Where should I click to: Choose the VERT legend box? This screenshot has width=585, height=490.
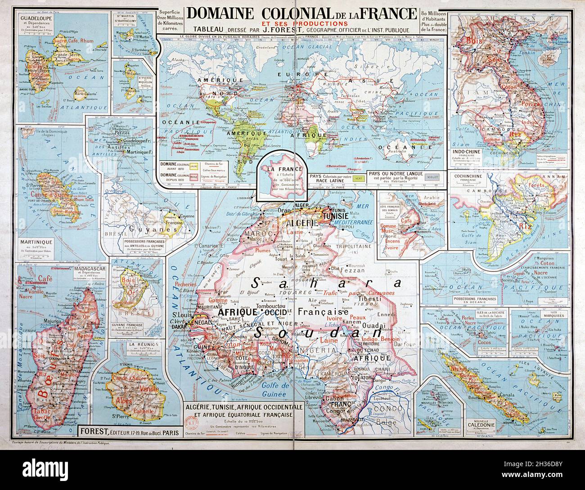[x=358, y=178]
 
